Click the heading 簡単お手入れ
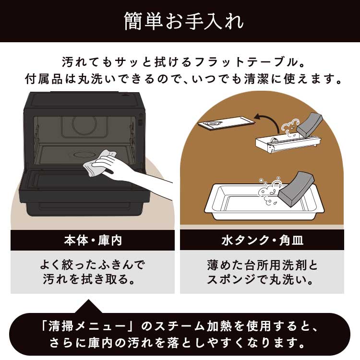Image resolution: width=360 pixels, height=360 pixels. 180,22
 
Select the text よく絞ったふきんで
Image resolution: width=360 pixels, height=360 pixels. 93,265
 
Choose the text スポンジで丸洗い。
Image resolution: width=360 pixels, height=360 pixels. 262,279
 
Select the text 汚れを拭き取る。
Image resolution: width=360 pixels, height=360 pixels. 93,279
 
